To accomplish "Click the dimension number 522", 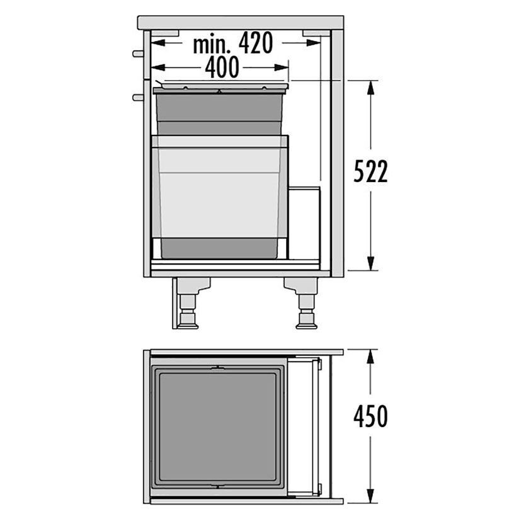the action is tap(370, 171).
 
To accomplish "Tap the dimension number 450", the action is tap(370, 416).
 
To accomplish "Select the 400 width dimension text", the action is tap(222, 67).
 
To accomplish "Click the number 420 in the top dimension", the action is tap(256, 43).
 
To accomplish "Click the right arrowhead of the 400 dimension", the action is tap(281, 67).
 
